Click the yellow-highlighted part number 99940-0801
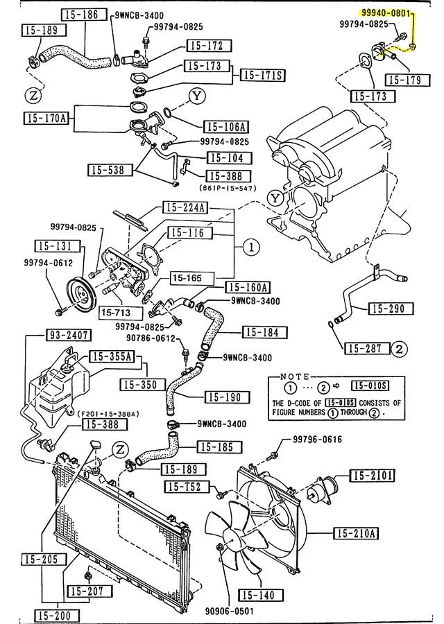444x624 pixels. (x=386, y=12)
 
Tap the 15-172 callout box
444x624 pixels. (x=205, y=46)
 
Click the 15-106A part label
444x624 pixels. (x=225, y=127)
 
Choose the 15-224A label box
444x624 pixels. (x=185, y=207)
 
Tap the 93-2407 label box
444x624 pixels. (x=69, y=336)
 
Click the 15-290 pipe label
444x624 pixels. (x=390, y=308)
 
